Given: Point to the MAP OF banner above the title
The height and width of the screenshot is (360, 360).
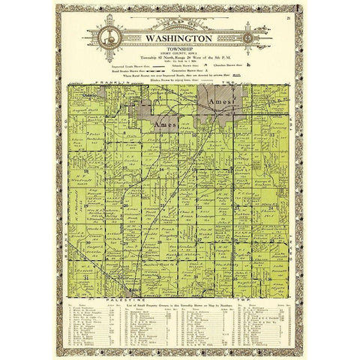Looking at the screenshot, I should (x=180, y=22).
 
